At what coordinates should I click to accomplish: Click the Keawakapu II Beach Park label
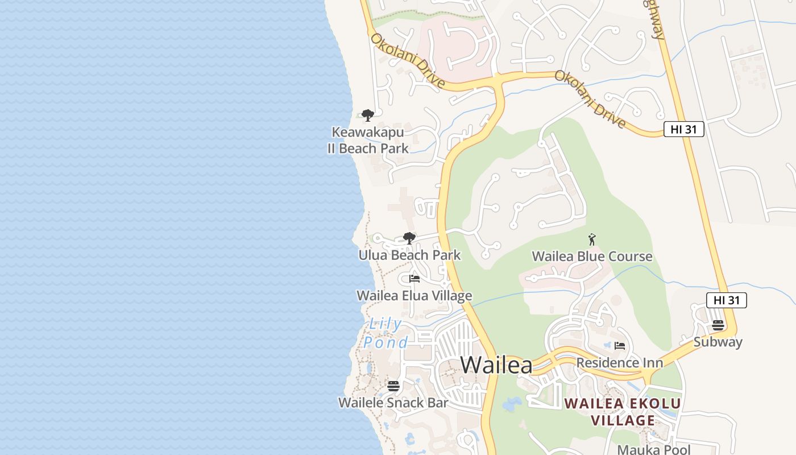[368, 140]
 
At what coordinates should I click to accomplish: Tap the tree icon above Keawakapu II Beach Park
[368, 115]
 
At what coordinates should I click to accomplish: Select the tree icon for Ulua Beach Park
[409, 238]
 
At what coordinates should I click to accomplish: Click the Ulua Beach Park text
[409, 255]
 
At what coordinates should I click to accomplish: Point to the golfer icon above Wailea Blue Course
[592, 239]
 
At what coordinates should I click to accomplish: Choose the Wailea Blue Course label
[592, 257]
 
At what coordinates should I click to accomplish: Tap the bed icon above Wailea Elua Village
[414, 279]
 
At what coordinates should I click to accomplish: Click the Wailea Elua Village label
[414, 296]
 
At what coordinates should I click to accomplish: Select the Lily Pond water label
[385, 333]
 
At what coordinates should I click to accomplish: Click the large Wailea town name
[496, 365]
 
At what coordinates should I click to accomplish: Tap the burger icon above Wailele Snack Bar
[393, 386]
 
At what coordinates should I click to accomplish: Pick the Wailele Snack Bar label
[393, 403]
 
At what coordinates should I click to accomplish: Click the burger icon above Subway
[718, 325]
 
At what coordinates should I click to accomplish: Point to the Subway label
[718, 342]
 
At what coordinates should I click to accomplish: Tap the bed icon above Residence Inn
[620, 346]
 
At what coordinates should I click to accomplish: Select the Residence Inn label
[619, 362]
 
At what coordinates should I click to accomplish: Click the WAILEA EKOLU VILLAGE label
[623, 412]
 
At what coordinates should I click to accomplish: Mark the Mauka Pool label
[654, 449]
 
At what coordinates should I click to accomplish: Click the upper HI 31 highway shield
[683, 129]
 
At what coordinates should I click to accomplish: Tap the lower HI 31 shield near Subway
[726, 300]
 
